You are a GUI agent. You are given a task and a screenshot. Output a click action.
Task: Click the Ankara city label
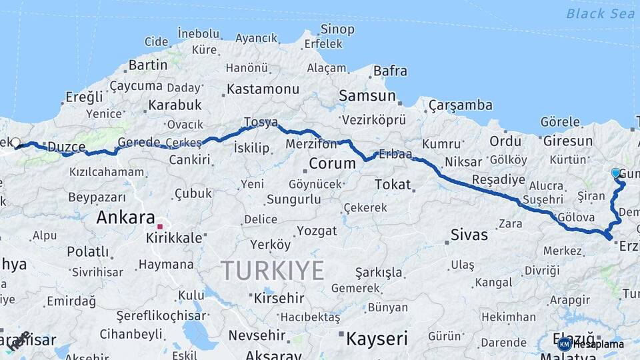(125, 217)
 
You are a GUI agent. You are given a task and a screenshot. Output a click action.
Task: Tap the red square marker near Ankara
(160, 227)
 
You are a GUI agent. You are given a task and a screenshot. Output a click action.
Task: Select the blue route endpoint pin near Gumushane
(615, 173)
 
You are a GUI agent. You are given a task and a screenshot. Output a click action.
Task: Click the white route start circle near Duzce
(16, 142)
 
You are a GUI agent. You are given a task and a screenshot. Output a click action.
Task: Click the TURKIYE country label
(272, 270)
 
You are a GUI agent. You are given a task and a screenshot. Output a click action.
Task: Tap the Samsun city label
(367, 95)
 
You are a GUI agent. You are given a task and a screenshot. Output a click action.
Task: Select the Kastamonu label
(263, 89)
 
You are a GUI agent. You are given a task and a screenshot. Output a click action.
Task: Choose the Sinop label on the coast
(337, 29)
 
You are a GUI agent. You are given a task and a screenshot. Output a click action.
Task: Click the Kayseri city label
(377, 339)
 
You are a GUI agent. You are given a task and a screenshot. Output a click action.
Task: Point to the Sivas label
(469, 235)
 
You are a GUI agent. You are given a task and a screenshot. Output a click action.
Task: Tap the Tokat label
(393, 184)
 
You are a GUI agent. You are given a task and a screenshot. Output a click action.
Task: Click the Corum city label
(332, 163)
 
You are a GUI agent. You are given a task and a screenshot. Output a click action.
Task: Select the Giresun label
(568, 141)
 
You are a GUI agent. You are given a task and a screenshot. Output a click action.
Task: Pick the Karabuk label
(175, 105)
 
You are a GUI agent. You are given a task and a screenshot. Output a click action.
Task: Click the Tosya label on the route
(260, 122)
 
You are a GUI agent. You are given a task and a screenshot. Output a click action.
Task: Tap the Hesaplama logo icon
(565, 344)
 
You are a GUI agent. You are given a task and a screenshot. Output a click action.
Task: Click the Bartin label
(147, 65)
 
